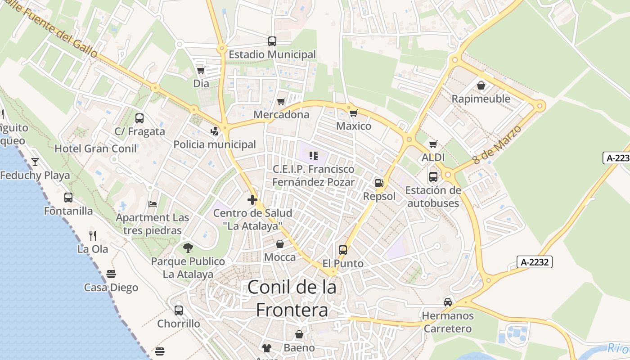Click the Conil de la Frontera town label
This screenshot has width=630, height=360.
(292, 298)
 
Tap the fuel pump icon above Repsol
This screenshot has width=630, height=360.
(379, 183)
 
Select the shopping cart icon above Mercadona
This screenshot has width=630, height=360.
(281, 102)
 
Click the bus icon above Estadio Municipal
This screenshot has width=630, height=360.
(272, 41)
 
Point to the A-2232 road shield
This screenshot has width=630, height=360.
(534, 262)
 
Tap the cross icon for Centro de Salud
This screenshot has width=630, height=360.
(252, 200)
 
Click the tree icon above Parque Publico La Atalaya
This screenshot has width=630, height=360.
(188, 247)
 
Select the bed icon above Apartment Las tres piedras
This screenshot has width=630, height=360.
(153, 204)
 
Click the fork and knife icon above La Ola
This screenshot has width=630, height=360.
(93, 235)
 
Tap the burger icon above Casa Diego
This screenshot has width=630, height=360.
(111, 274)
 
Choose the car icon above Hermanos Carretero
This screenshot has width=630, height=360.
(447, 302)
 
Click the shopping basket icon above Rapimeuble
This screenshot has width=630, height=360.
(481, 85)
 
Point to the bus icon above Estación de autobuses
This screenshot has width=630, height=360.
(433, 177)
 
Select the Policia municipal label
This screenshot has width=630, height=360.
(215, 144)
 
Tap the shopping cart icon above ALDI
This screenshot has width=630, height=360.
(433, 144)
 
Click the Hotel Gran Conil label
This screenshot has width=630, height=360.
(96, 148)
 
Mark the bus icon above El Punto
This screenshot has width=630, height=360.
(343, 250)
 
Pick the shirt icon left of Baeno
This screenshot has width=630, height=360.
(267, 348)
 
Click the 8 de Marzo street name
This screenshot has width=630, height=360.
(497, 144)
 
